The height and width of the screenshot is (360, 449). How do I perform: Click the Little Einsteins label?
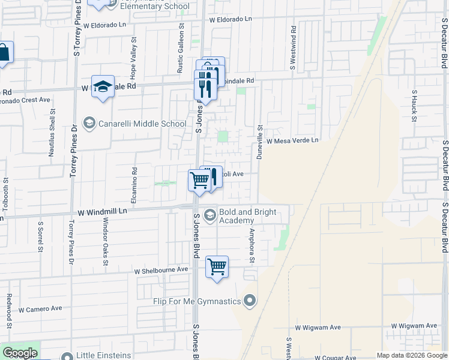pos(104,355)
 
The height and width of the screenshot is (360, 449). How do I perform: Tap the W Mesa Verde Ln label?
pos(292,140)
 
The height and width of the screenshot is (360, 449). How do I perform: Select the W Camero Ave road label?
pos(40,309)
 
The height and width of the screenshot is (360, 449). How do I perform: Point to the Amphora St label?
pos(252,242)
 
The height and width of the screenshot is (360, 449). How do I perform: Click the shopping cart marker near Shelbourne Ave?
pos(217,267)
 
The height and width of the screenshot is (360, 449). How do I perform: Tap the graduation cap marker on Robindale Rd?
pos(103,86)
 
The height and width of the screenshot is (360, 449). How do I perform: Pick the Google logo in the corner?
pos(20,353)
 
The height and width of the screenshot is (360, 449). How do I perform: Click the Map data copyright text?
pos(411,355)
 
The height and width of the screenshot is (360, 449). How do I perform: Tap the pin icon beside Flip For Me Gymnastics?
pos(251,301)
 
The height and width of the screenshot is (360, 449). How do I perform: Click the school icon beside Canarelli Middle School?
pos(89,124)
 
